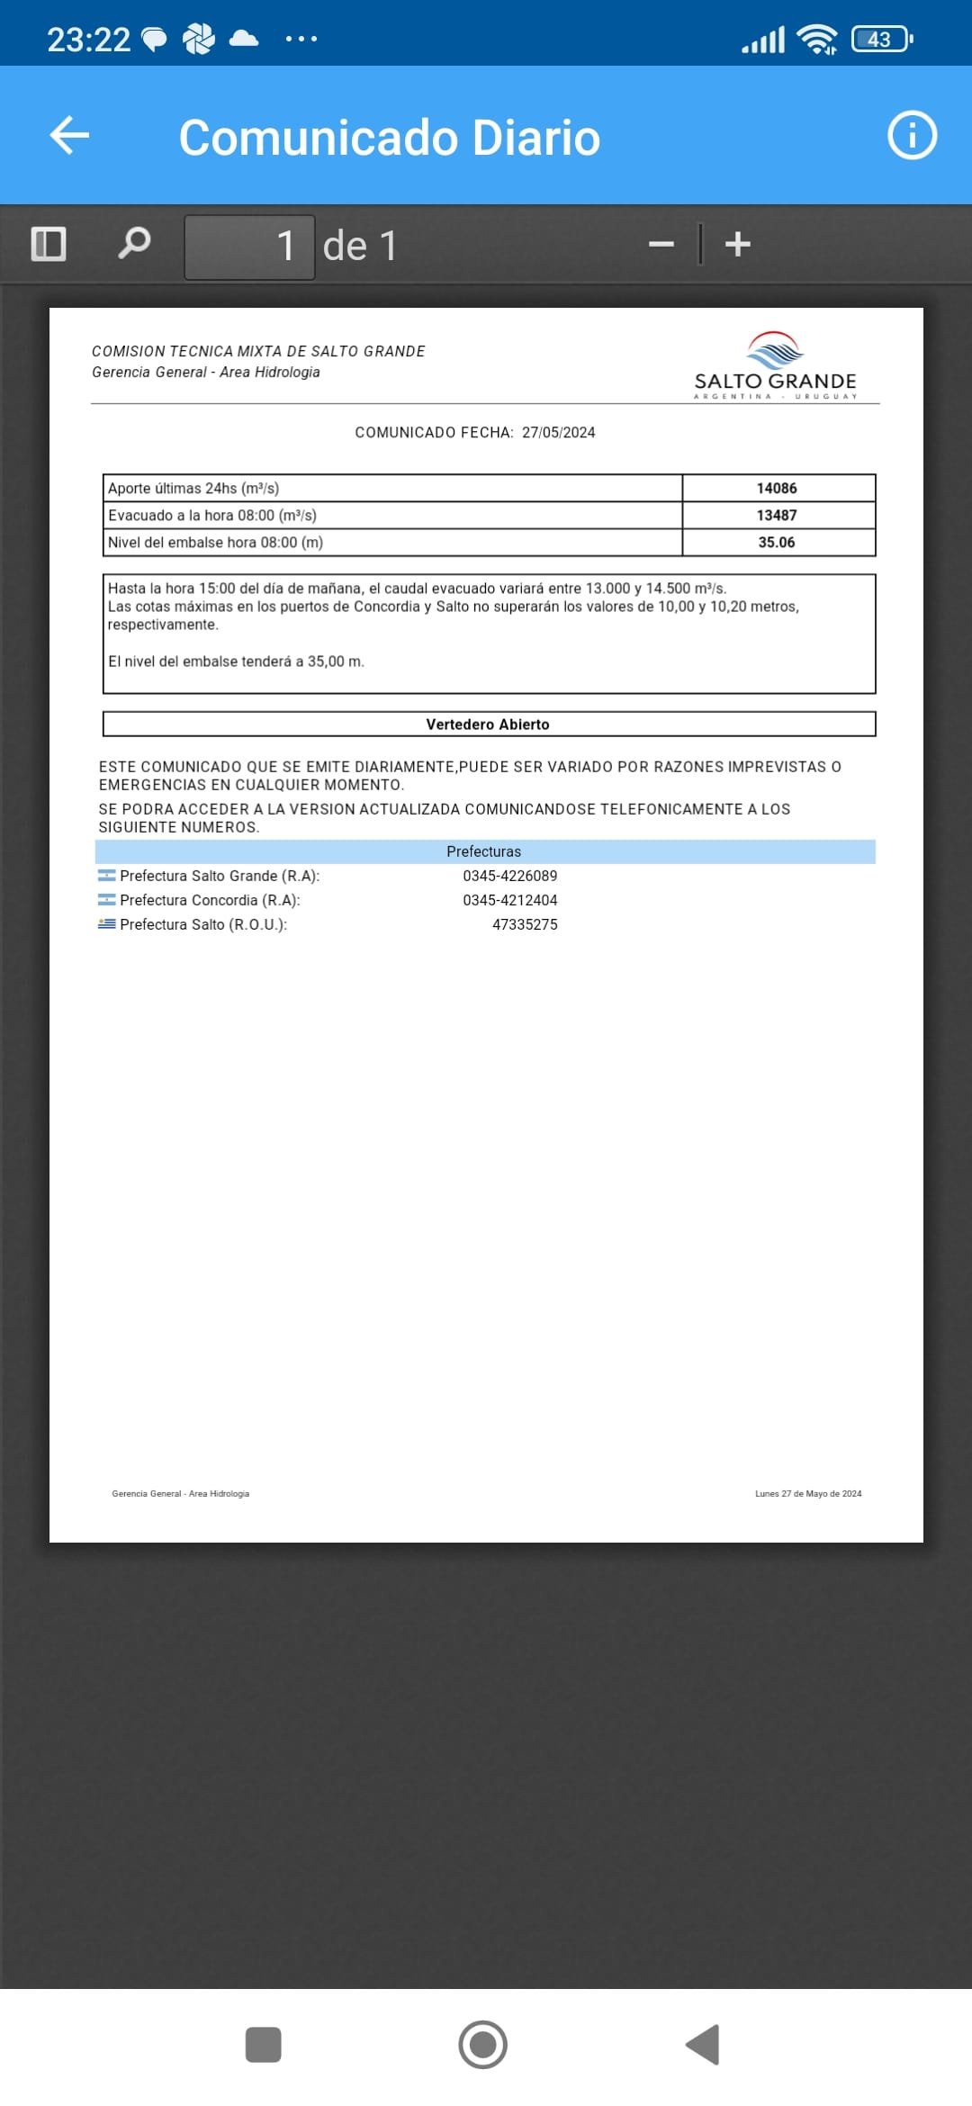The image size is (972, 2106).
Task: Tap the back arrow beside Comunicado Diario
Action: tap(69, 136)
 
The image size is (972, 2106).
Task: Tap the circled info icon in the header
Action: tap(912, 136)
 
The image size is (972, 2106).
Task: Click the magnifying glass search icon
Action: tap(134, 243)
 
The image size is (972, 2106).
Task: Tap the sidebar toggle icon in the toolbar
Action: tap(49, 244)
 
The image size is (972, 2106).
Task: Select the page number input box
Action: tap(249, 247)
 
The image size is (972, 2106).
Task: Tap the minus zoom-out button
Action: tap(661, 245)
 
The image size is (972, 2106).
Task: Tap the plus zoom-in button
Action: tap(738, 245)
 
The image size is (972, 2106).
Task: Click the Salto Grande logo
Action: tap(775, 365)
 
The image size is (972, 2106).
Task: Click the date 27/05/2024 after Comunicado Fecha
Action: tap(558, 433)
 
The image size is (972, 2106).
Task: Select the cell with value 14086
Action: tap(777, 489)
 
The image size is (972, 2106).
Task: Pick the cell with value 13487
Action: tap(777, 516)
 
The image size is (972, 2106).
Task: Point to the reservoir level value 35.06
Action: tap(777, 543)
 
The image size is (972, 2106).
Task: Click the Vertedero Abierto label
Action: tap(488, 724)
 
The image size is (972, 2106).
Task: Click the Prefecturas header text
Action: tap(483, 851)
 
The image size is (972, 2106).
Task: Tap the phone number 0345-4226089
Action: tap(509, 876)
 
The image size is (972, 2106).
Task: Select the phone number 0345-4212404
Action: tap(509, 900)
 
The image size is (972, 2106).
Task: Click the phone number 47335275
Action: tap(525, 924)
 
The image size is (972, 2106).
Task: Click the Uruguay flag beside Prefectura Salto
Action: tap(107, 923)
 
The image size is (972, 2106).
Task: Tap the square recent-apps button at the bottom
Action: tap(263, 2045)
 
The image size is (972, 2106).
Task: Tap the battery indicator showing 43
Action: tap(881, 40)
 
